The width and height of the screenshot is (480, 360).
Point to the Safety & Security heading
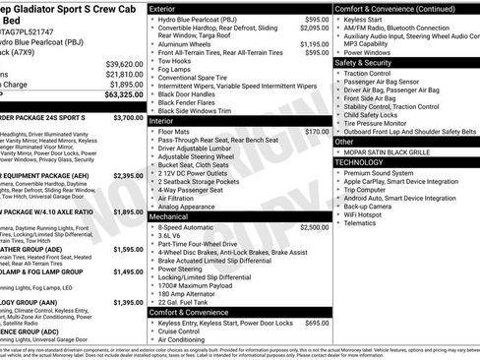tap(369, 62)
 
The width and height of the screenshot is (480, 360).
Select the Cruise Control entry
tap(182, 330)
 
